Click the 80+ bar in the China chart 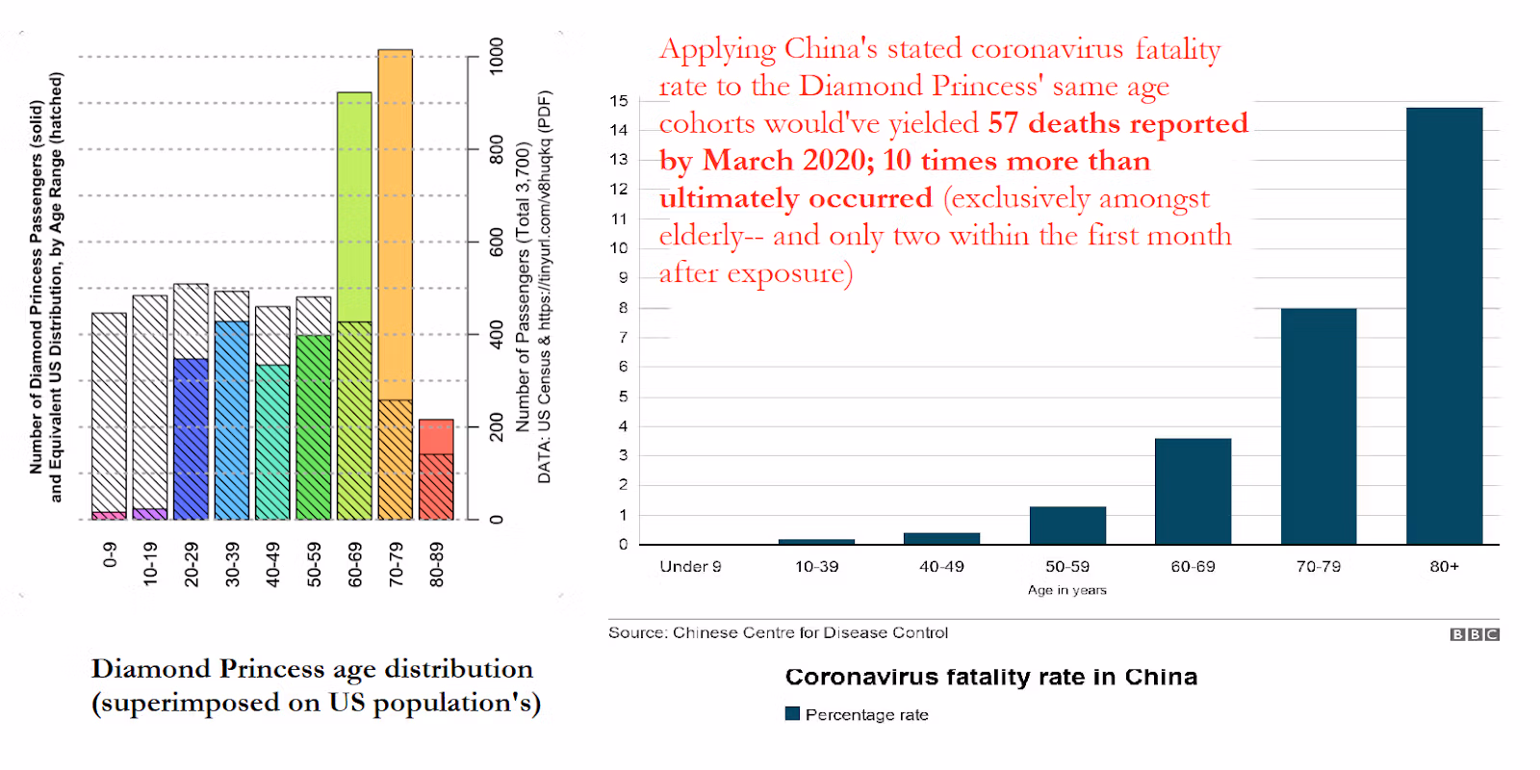(1444, 326)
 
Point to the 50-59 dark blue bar (1067, 526)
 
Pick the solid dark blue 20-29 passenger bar (191, 439)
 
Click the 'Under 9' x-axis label (690, 567)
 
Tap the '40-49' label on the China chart (941, 567)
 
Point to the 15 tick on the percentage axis (619, 101)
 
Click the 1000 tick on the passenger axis (497, 56)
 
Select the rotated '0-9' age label (109, 555)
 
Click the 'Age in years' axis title (1066, 590)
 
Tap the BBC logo (1475, 634)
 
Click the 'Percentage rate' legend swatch (793, 713)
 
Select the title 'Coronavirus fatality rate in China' (990, 677)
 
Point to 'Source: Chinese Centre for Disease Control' (778, 632)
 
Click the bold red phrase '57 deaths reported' (1117, 123)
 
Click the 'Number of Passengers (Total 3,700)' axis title (524, 287)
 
